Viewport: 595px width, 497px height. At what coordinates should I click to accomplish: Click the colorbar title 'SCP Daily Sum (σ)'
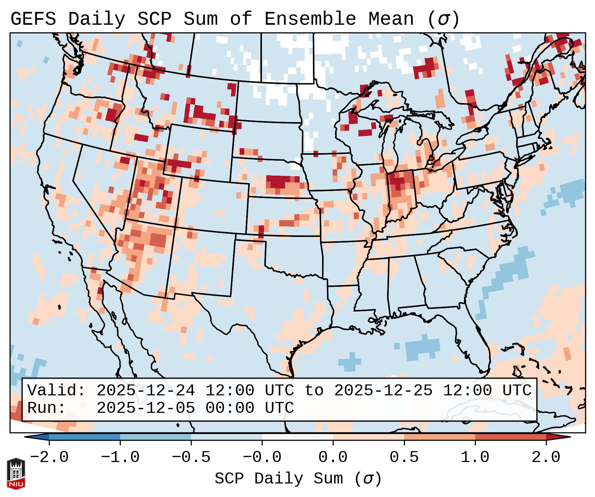298,479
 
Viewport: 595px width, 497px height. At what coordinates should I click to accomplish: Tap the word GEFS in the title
33,19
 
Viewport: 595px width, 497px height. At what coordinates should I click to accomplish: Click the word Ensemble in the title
310,19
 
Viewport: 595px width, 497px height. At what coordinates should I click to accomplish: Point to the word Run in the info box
47,408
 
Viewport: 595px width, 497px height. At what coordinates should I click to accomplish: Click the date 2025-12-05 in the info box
146,408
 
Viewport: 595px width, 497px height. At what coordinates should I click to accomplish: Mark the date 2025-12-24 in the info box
146,391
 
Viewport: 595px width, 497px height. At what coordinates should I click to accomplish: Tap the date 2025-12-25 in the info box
383,391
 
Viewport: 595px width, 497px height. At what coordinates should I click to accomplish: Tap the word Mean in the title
391,19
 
